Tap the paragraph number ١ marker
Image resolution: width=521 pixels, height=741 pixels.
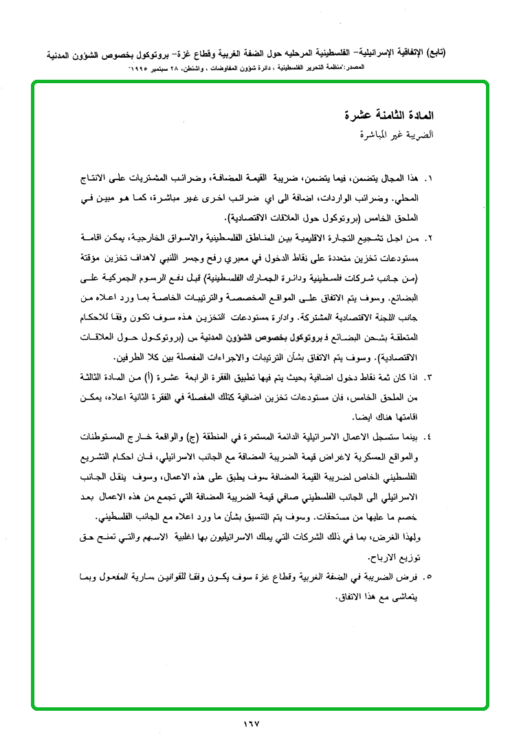coord(430,178)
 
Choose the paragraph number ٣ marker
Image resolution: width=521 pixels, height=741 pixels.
coord(430,378)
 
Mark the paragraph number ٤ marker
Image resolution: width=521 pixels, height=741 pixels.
coord(430,437)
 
